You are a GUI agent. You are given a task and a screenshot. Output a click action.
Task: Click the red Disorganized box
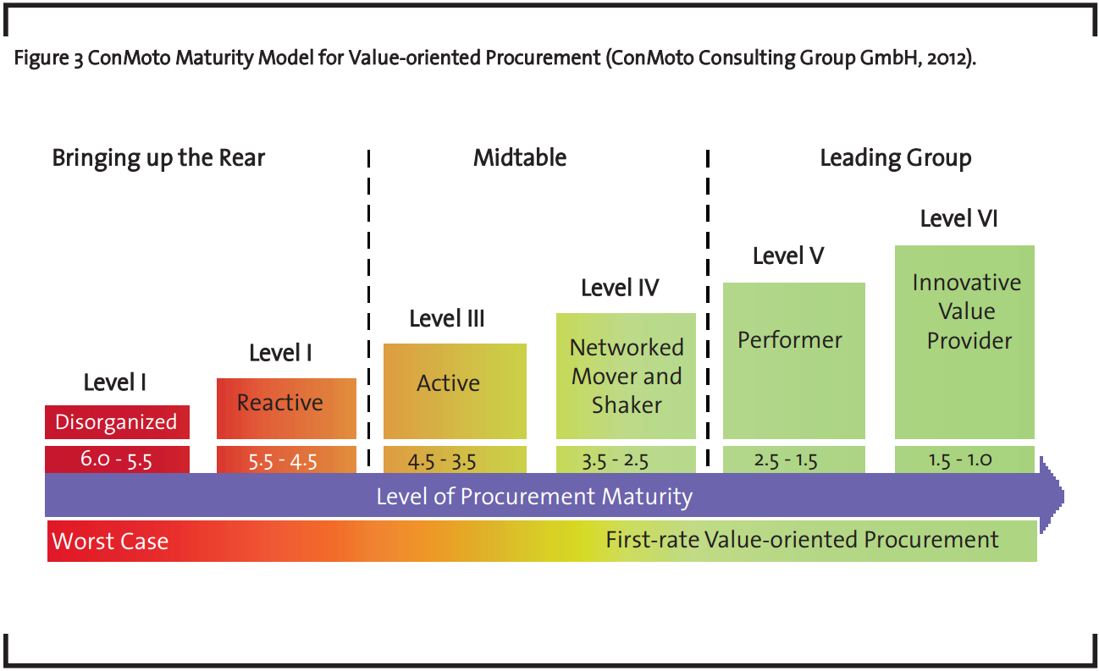click(117, 421)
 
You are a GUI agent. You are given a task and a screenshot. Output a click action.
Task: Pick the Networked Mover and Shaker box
click(626, 376)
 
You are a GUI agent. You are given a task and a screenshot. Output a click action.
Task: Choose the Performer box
click(793, 360)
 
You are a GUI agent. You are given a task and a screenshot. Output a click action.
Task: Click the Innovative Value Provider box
click(964, 341)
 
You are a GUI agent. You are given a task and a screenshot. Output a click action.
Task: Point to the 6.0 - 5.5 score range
click(117, 460)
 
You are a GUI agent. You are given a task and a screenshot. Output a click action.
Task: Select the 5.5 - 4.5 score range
click(286, 461)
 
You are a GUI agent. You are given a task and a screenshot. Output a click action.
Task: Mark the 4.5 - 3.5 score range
click(455, 461)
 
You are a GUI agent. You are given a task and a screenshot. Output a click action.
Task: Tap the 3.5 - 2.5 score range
click(626, 461)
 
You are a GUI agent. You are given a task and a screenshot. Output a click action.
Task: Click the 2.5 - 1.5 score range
click(793, 460)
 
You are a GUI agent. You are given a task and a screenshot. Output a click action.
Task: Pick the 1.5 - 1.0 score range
click(964, 460)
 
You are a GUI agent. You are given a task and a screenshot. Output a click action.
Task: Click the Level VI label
click(958, 218)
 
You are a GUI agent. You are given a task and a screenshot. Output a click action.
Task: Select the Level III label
click(447, 318)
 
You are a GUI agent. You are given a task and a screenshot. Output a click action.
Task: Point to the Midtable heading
click(520, 157)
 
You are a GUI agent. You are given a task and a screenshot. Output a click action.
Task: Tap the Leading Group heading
click(896, 157)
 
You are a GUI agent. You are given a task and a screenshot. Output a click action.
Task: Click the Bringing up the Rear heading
click(158, 157)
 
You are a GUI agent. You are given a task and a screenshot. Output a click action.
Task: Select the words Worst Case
click(110, 542)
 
